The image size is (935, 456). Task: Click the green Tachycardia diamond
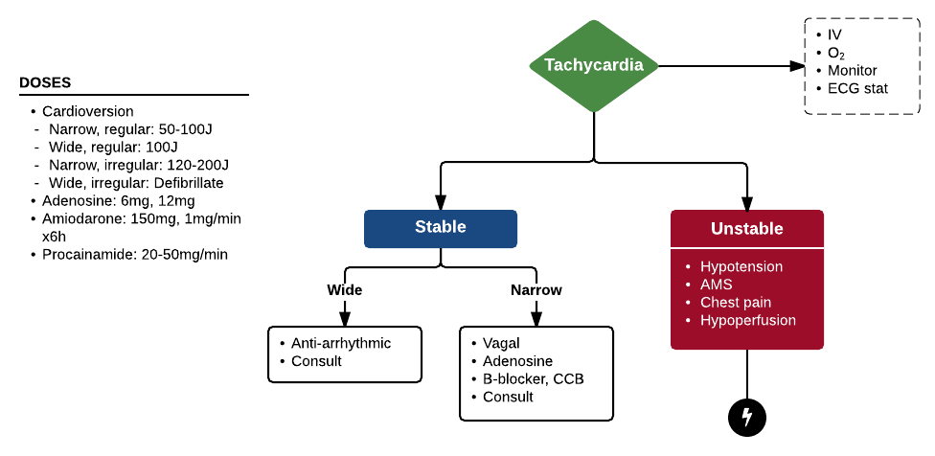click(x=594, y=65)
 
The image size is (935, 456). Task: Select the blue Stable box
click(x=441, y=228)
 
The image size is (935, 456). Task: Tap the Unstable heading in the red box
click(x=747, y=229)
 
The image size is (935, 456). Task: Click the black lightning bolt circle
click(x=747, y=417)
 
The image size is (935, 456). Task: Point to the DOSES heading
click(x=45, y=83)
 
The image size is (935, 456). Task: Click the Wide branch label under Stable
click(x=345, y=289)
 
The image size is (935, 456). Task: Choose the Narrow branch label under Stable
click(x=536, y=289)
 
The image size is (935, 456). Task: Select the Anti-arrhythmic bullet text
click(x=342, y=343)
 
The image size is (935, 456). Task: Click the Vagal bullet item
click(x=502, y=343)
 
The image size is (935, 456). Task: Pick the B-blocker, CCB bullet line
click(x=534, y=378)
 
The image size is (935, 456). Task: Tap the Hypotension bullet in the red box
click(x=741, y=266)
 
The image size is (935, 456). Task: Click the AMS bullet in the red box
click(x=717, y=285)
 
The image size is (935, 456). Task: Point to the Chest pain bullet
click(x=736, y=303)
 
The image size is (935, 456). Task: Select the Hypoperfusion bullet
click(x=748, y=320)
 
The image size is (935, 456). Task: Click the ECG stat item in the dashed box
click(x=858, y=88)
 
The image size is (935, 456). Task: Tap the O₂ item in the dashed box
click(x=836, y=53)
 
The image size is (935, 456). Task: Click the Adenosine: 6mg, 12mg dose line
click(x=119, y=201)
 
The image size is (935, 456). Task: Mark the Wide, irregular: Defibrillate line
click(x=139, y=183)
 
